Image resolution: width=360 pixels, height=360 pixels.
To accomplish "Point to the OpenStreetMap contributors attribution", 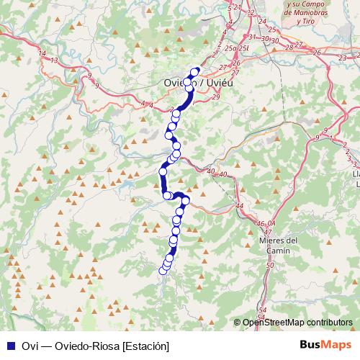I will click(x=297, y=323).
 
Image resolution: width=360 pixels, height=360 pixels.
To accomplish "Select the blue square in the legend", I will click(x=9, y=346).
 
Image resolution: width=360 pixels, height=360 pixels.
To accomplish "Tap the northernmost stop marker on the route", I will click(x=195, y=71).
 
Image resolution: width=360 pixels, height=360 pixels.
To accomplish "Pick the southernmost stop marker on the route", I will click(x=162, y=271).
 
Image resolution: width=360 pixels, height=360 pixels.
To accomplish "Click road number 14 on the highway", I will click(x=42, y=54).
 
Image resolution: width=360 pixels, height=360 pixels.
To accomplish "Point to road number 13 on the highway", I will click(x=55, y=60).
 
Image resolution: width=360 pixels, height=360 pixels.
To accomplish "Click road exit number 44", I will click(x=240, y=206).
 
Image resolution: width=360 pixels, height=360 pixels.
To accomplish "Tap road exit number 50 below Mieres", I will click(x=270, y=266).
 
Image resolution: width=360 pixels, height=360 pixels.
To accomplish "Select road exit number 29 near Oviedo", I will click(x=216, y=86).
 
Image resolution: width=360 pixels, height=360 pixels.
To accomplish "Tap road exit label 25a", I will click(x=230, y=48).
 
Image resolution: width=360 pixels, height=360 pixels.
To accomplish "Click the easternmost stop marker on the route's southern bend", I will click(x=186, y=201).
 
